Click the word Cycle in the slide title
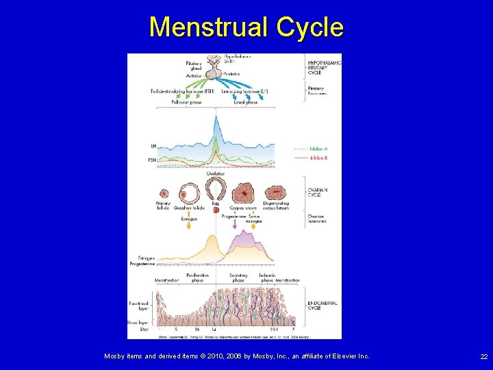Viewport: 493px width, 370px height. click(309, 27)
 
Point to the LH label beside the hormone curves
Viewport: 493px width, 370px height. click(153, 146)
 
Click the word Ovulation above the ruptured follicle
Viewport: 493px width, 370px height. click(216, 174)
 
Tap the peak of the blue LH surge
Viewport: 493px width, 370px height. click(216, 118)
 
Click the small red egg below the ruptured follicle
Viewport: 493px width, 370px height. click(216, 210)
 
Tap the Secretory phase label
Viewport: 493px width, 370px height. click(238, 277)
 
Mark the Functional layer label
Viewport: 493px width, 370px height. click(139, 306)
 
